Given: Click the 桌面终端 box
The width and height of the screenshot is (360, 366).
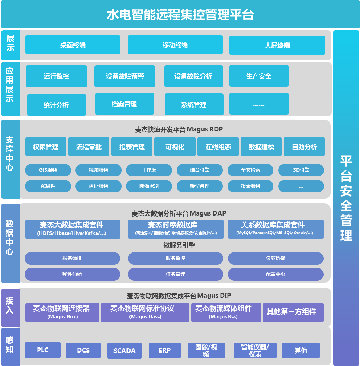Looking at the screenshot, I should click(x=73, y=45).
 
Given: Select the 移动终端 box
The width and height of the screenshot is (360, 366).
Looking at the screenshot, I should click(x=175, y=45).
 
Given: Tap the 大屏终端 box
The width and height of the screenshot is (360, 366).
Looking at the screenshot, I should click(x=277, y=45).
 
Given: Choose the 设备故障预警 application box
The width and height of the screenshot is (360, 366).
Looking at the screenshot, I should click(x=125, y=76).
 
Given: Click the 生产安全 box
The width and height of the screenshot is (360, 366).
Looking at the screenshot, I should click(x=259, y=76).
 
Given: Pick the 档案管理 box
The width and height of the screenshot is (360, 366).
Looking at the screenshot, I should click(x=124, y=104).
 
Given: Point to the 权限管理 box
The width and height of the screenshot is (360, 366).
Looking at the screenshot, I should click(x=46, y=147).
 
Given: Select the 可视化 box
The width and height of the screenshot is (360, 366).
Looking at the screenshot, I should click(x=175, y=147).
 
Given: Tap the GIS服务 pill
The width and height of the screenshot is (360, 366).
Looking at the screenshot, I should click(x=48, y=170).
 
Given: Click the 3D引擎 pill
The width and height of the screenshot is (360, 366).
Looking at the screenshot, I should click(x=301, y=170).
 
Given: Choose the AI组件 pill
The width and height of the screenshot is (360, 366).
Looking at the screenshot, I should click(x=48, y=186).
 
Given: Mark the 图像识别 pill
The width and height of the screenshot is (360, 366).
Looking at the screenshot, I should click(x=149, y=186).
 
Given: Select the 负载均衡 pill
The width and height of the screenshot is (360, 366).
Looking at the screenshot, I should click(x=276, y=258).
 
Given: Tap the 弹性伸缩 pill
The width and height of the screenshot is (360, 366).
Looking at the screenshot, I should click(x=72, y=274).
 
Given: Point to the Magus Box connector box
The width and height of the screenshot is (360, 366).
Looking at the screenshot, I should click(x=62, y=312).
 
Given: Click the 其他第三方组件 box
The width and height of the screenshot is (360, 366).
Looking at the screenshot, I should click(x=293, y=312).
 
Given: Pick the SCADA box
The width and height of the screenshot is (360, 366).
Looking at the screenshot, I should click(x=124, y=350).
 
